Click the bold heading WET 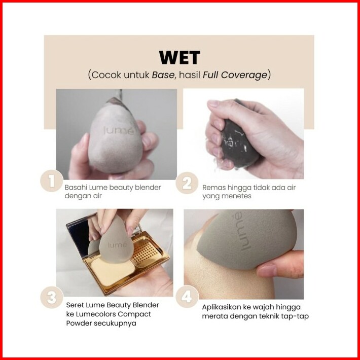click(x=179, y=57)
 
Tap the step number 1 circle click(x=51, y=181)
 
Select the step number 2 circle click(x=187, y=183)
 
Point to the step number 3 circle click(x=51, y=298)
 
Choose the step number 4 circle click(x=187, y=297)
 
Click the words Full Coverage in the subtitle click(x=235, y=75)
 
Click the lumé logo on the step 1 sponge click(x=119, y=130)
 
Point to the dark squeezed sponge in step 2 click(x=239, y=145)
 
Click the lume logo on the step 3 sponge click(x=117, y=245)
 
